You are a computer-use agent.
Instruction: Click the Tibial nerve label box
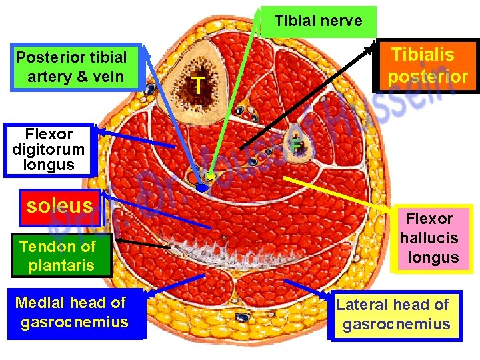point(318,21)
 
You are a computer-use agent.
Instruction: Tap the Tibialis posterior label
point(427,65)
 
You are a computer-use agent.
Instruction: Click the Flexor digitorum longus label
point(48,150)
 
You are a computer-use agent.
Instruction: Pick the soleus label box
point(59,205)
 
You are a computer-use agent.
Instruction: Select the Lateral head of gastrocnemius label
point(395,315)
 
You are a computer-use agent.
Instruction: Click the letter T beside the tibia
point(196,85)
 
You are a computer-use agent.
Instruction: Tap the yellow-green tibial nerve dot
point(210,177)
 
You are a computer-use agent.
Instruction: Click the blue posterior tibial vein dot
point(202,188)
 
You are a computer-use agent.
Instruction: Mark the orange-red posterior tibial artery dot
point(193,179)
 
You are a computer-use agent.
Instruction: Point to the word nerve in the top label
point(341,21)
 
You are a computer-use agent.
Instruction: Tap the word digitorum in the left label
point(48,149)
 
